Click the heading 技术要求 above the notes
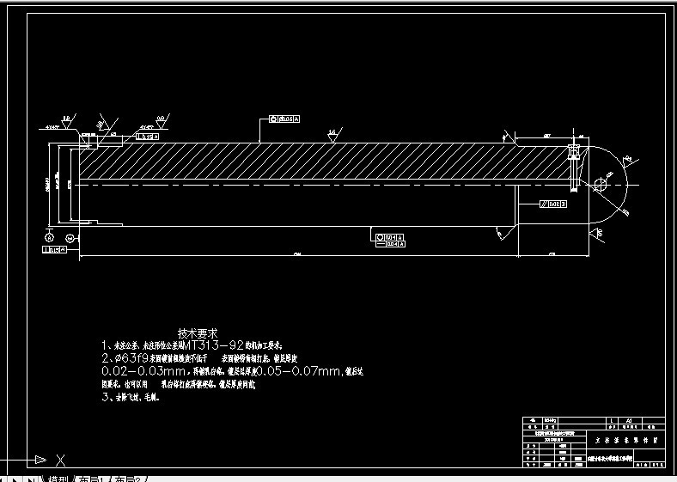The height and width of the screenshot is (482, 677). click(x=198, y=333)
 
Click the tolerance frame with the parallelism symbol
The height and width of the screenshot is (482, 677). click(x=552, y=204)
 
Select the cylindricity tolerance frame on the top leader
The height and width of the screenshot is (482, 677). click(x=285, y=119)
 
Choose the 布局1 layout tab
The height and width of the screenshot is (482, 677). click(x=93, y=478)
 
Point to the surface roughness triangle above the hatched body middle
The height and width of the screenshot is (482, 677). click(x=332, y=136)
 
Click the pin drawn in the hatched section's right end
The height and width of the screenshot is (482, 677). click(x=573, y=167)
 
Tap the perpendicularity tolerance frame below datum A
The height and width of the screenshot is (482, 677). click(x=53, y=250)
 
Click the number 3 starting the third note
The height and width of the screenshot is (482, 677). click(x=105, y=398)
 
